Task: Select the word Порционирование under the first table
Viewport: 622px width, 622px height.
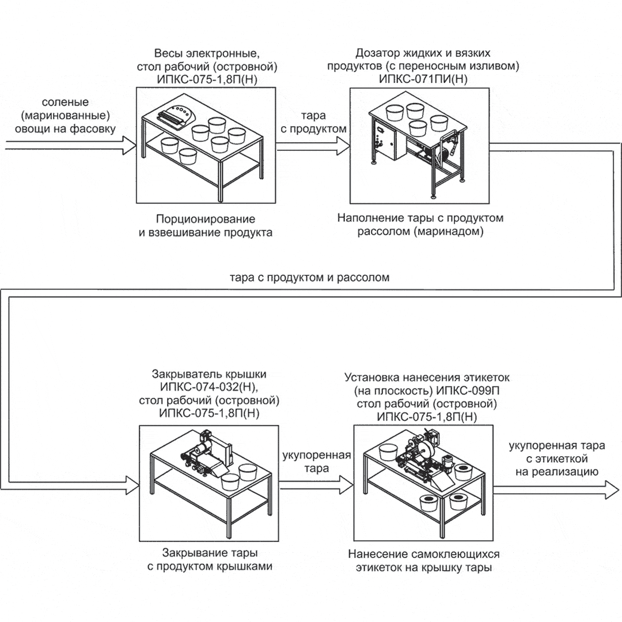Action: click(x=205, y=219)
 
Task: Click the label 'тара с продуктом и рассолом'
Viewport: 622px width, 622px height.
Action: click(x=309, y=277)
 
